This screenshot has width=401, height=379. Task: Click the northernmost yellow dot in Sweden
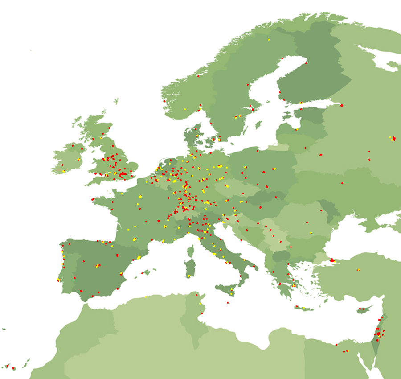[269, 40]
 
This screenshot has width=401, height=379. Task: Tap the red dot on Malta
[228, 303]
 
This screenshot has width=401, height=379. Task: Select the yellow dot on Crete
[304, 308]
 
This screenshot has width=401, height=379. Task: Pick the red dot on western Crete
[296, 306]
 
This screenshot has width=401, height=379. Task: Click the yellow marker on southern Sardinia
[189, 276]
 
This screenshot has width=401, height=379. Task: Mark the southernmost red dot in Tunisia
[201, 313]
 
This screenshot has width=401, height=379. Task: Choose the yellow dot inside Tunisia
[200, 304]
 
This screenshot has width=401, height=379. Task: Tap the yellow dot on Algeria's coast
[146, 297]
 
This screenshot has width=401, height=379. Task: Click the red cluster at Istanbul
[332, 260]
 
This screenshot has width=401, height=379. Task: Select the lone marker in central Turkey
[358, 270]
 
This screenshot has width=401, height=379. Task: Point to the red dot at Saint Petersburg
[342, 105]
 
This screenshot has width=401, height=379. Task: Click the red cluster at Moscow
[393, 139]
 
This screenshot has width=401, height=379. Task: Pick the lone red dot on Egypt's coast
[336, 344]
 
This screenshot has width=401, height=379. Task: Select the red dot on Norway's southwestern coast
[164, 101]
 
